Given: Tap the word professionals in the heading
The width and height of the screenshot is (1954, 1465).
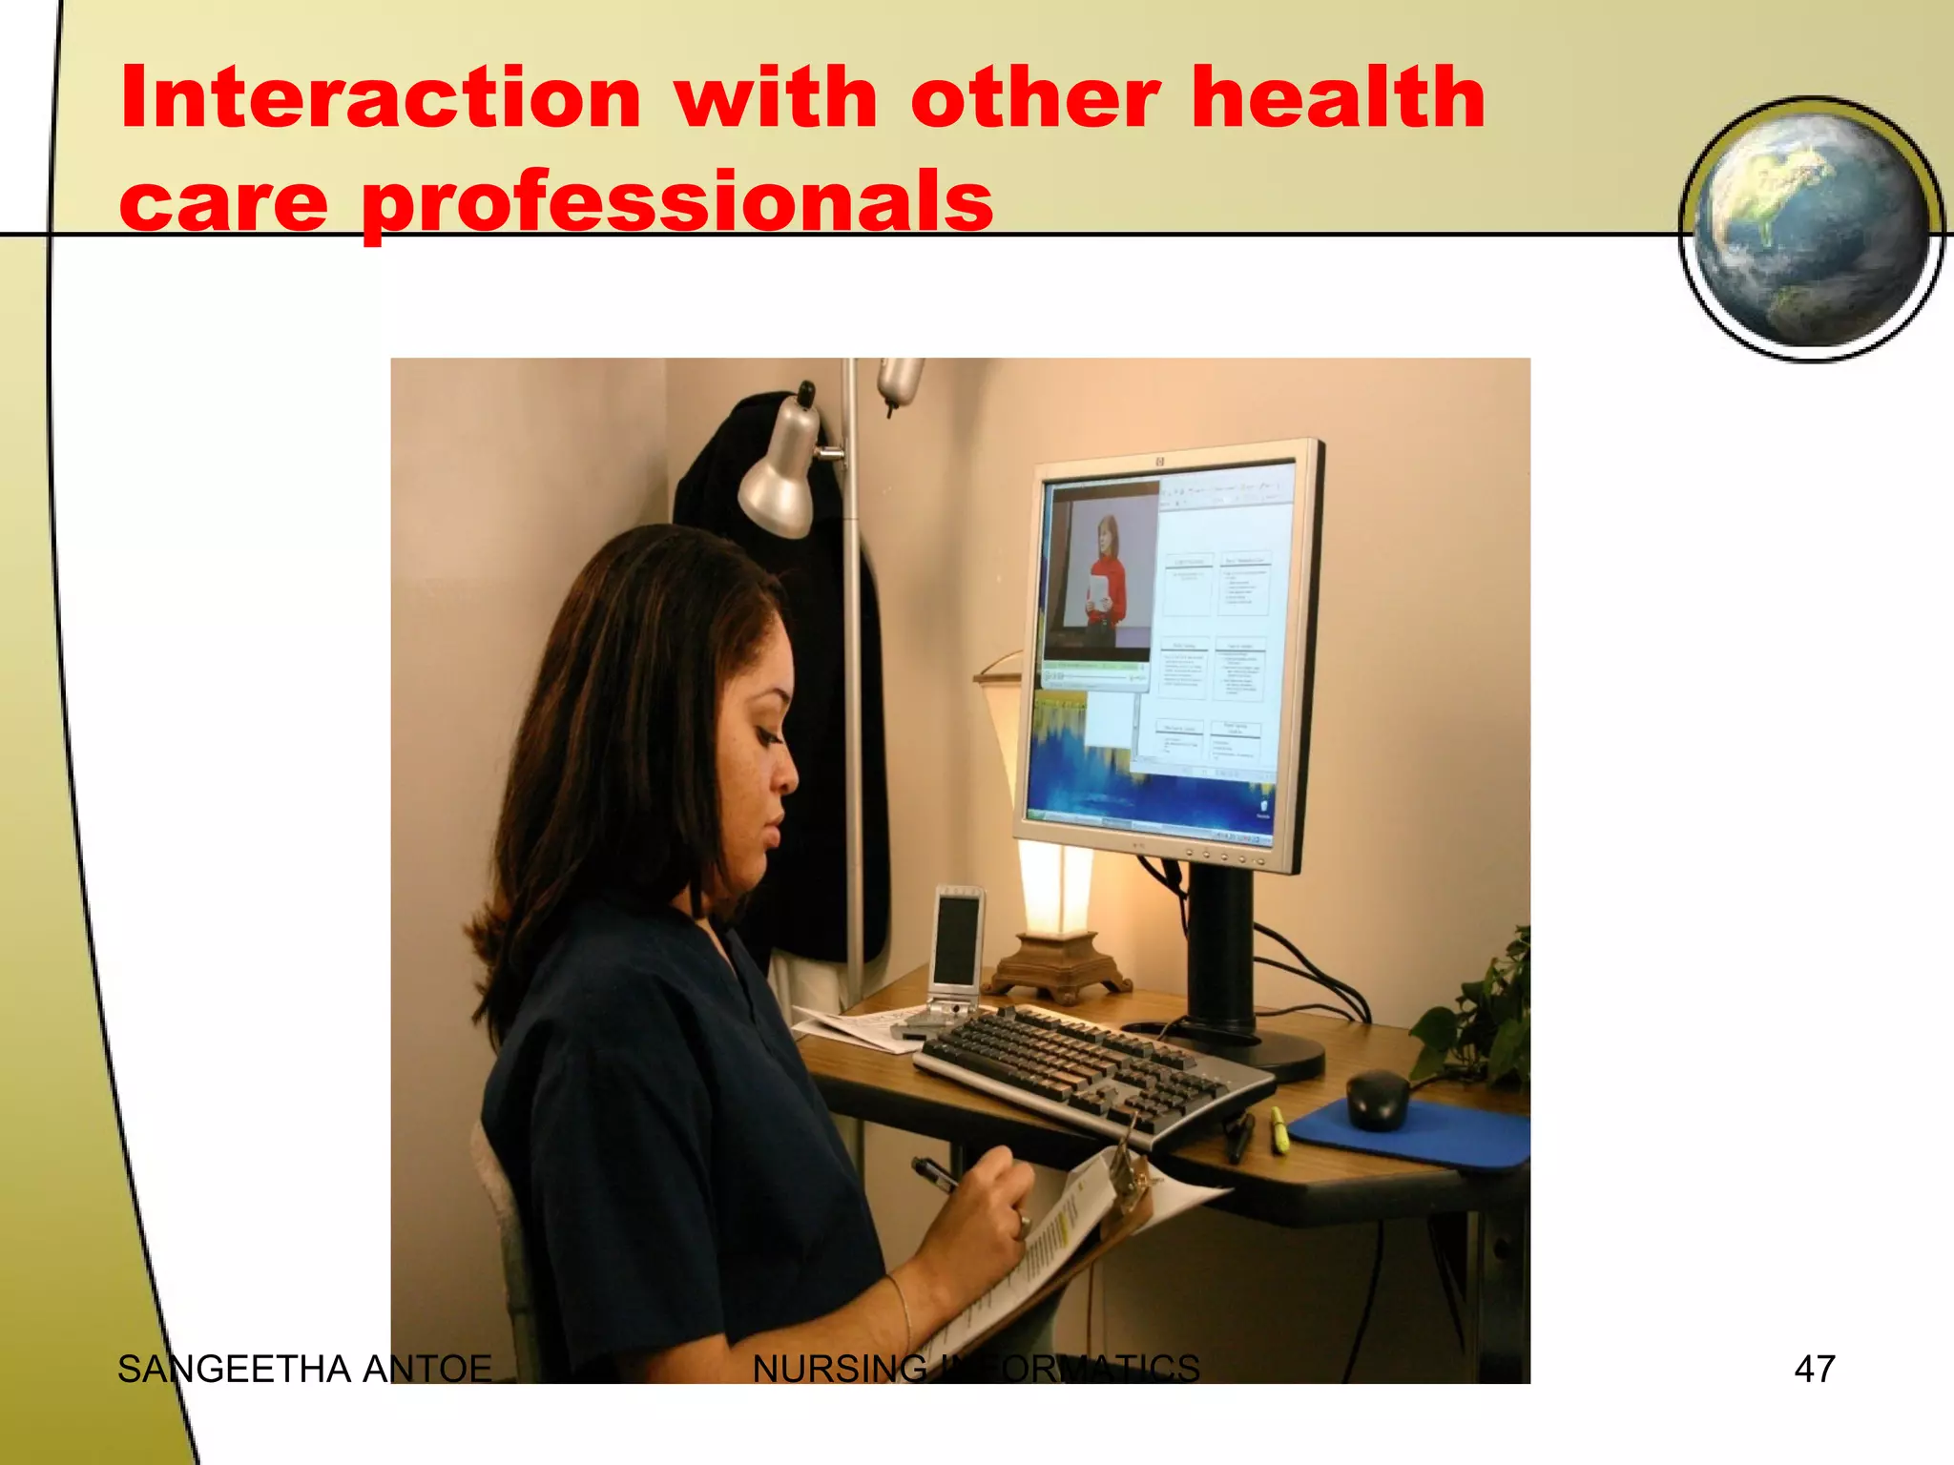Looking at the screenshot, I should point(677,202).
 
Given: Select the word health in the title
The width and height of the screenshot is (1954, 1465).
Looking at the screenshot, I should point(1339,98).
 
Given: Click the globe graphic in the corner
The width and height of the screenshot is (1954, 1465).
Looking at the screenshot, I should point(1810,229).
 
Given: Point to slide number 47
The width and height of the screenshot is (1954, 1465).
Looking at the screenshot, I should point(1814,1369).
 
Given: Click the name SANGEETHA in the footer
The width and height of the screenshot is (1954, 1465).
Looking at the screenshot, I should point(235,1370).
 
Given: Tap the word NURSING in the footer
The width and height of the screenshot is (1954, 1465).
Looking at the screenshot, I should point(840,1370).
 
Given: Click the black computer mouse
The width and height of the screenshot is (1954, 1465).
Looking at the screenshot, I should point(1378,1098).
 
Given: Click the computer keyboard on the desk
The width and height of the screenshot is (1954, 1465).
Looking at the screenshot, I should point(1088,1068).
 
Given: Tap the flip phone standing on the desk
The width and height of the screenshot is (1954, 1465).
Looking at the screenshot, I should point(956,954).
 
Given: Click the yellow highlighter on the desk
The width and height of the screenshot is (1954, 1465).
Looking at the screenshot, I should point(1279,1129).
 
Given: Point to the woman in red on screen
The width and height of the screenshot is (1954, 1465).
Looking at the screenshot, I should point(1107,572).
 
